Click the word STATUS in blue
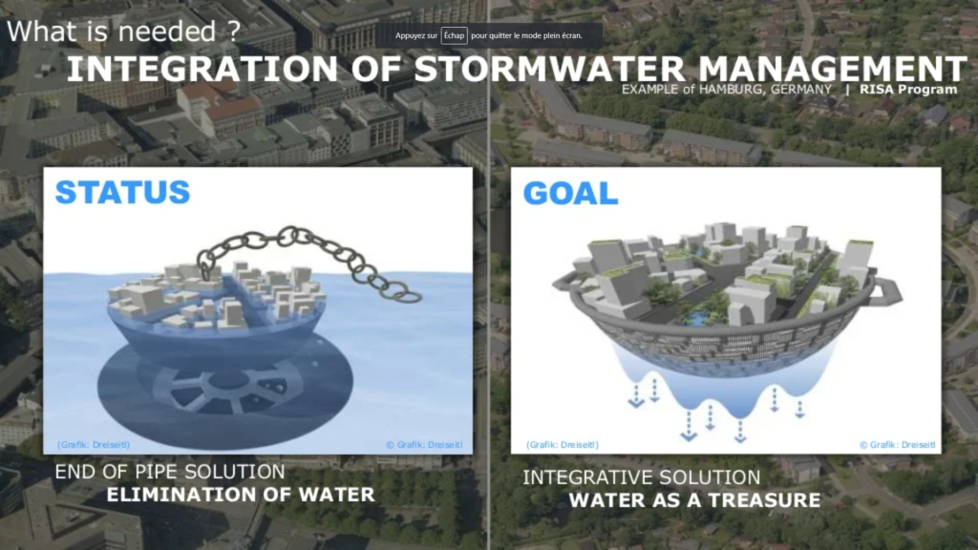click(122, 192)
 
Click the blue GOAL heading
click(570, 193)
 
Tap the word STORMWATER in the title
click(549, 69)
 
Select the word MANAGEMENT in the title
click(832, 69)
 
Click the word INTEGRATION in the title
click(202, 69)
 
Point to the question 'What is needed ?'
click(123, 32)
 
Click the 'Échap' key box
click(454, 35)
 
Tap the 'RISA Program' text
click(908, 89)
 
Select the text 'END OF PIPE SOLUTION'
click(170, 472)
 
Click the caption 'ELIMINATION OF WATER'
click(241, 495)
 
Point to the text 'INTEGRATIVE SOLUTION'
click(641, 477)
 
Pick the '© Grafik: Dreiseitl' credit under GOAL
click(898, 445)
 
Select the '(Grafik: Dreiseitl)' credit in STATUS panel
click(94, 445)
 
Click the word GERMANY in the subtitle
click(801, 89)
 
